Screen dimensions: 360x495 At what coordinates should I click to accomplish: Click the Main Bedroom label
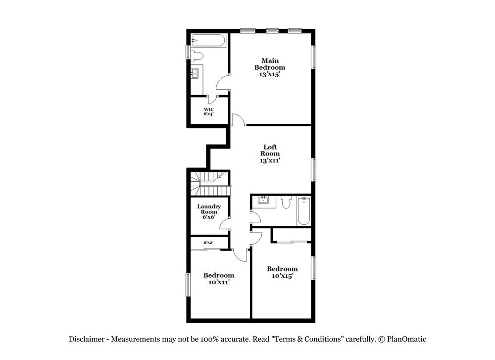click(x=270, y=67)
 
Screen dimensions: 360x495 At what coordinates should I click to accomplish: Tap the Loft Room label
click(x=270, y=154)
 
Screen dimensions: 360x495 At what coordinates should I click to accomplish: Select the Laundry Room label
click(x=209, y=212)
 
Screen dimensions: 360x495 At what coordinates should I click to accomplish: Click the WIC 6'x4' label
click(x=209, y=111)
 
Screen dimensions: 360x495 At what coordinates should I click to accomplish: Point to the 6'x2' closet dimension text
click(x=209, y=243)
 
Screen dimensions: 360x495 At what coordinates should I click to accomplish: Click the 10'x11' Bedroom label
click(x=219, y=278)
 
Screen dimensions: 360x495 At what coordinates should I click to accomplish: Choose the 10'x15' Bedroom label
click(x=282, y=272)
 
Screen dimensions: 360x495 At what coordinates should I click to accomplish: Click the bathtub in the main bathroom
click(x=208, y=40)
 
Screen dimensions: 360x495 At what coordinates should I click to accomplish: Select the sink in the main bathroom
click(x=195, y=74)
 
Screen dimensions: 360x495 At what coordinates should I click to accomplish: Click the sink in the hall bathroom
click(x=262, y=201)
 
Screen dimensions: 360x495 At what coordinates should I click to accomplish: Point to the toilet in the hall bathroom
click(x=286, y=204)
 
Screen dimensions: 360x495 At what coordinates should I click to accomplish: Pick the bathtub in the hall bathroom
click(x=303, y=210)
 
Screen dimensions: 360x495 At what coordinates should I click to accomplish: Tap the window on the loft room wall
click(x=313, y=168)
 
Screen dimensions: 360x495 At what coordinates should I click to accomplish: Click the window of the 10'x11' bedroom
click(x=188, y=284)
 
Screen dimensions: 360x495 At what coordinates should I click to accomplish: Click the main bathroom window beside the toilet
click(x=188, y=52)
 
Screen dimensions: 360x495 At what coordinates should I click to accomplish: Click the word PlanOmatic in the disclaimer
click(x=406, y=339)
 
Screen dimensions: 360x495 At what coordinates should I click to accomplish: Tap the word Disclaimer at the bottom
click(x=86, y=339)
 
